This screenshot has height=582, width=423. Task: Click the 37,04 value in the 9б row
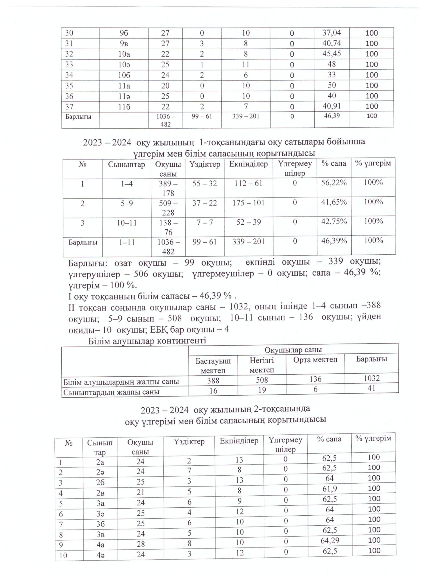point(332,33)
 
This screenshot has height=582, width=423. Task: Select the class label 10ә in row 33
point(124,64)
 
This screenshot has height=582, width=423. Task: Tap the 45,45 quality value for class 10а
point(332,54)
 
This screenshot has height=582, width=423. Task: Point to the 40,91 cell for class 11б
point(332,106)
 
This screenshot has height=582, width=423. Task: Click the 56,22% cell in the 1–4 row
point(334,183)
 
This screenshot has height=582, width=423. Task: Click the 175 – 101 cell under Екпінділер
point(248,203)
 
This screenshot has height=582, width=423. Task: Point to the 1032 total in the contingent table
point(371,378)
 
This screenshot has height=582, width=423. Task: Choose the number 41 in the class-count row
point(371,388)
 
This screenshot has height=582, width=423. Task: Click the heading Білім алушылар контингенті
point(147,341)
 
